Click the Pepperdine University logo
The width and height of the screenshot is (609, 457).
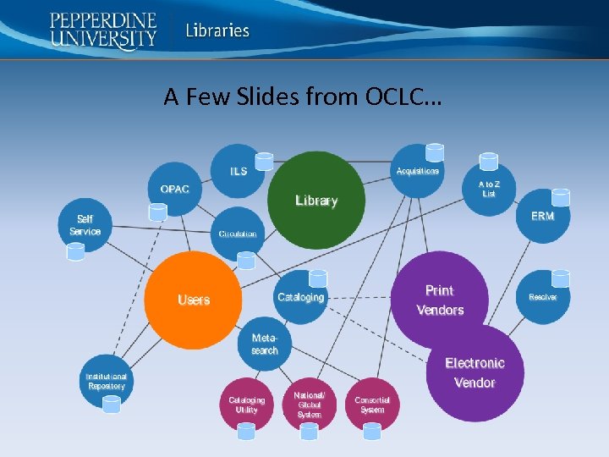point(103,30)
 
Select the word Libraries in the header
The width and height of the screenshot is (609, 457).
point(218,30)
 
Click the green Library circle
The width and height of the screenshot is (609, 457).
point(316,201)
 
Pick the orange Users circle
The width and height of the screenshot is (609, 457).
point(194,300)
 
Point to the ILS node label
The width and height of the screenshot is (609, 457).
point(239,171)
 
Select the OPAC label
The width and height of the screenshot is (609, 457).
point(175,189)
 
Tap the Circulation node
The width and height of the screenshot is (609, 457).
point(238,234)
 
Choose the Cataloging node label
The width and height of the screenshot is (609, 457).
point(300,297)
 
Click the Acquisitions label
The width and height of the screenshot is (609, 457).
point(418,171)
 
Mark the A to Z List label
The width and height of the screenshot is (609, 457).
point(489,188)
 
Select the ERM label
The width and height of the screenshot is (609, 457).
point(542,216)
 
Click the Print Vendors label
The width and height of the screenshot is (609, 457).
point(440,300)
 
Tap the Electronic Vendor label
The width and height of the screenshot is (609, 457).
point(475,372)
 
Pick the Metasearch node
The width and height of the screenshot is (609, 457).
point(265,344)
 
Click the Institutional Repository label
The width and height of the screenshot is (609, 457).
point(107,381)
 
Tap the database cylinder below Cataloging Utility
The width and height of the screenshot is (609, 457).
point(246,431)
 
